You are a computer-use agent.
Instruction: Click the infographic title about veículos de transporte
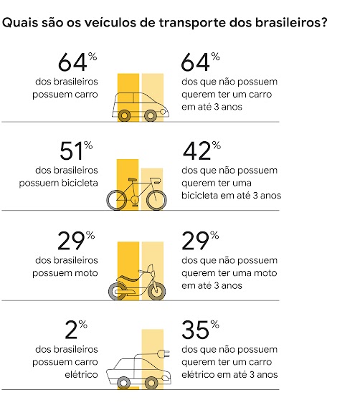[x=166, y=23]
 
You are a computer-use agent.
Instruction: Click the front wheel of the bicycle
[x=156, y=199]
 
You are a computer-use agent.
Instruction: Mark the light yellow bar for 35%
[x=153, y=344]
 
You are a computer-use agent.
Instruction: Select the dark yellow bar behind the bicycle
[x=128, y=172]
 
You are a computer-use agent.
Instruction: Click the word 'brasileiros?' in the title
[x=293, y=24]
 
